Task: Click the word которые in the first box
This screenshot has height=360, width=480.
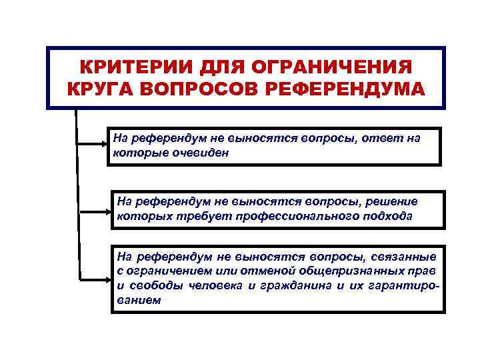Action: (136, 152)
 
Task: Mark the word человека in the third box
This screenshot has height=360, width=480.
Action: (212, 286)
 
